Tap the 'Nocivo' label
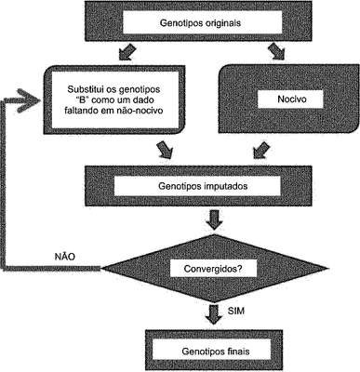coord(292,100)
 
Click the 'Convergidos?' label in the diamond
coord(213,269)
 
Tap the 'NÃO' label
coord(65,257)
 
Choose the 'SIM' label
coord(236,311)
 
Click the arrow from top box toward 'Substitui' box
coord(127,52)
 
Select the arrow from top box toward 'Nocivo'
coord(276,51)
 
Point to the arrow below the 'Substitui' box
coord(165,150)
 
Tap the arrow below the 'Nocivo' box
coord(261,150)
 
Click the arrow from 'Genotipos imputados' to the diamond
coord(214,219)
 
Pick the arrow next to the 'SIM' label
coord(214,313)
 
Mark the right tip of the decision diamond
coord(327,269)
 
